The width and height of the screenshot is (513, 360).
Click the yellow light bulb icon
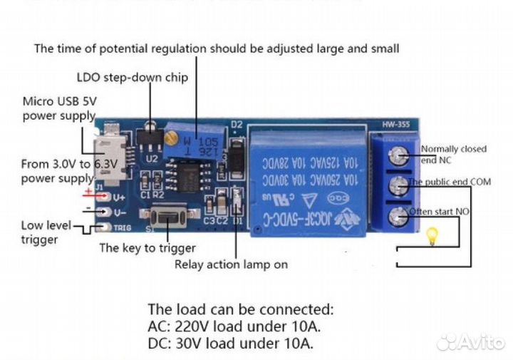pyautogui.click(x=430, y=237)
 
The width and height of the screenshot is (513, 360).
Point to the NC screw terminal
pyautogui.click(x=400, y=155)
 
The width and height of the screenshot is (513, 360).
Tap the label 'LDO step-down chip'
pyautogui.click(x=132, y=77)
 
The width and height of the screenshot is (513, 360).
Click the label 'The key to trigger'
pyautogui.click(x=147, y=248)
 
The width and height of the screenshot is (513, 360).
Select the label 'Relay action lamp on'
pyautogui.click(x=231, y=264)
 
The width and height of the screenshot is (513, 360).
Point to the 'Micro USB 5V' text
pyautogui.click(x=59, y=101)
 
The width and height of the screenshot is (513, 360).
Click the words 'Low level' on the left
pyautogui.click(x=46, y=225)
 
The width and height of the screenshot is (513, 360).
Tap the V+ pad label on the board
pyautogui.click(x=119, y=197)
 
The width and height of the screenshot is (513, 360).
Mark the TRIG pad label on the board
pyautogui.click(x=123, y=228)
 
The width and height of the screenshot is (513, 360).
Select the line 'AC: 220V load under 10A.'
pyautogui.click(x=234, y=326)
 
